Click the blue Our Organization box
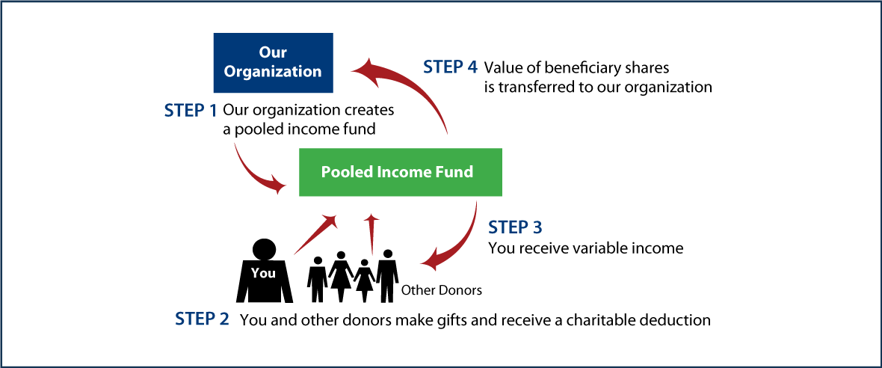(x=273, y=62)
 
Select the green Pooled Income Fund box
(x=400, y=172)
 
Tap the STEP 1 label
(x=190, y=111)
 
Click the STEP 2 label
(x=202, y=319)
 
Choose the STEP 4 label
(x=450, y=67)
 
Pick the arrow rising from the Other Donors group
(x=372, y=232)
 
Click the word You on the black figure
(x=263, y=273)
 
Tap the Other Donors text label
(x=442, y=289)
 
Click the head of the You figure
(x=263, y=248)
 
